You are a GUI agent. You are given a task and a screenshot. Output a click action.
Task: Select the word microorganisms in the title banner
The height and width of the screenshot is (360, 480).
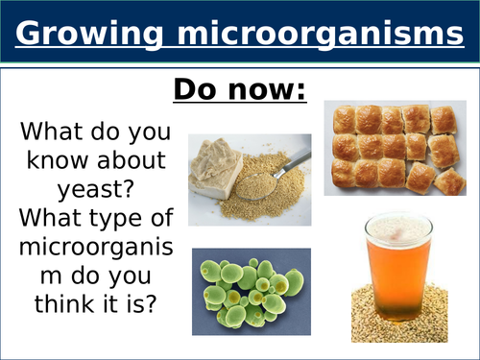click(x=318, y=35)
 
